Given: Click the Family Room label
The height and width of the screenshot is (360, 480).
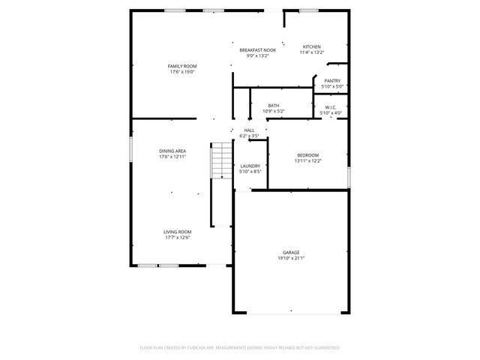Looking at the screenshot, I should pos(182,67).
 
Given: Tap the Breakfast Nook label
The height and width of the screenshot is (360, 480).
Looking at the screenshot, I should pos(258,50).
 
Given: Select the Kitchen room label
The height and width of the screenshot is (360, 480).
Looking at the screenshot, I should pos(312,46).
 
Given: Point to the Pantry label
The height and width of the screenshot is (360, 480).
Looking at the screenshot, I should pos(332,81).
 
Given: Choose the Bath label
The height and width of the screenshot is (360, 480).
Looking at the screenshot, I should pos(274,106).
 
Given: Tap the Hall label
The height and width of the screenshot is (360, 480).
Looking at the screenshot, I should pos(250,130).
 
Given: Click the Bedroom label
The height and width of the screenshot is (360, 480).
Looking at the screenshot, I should pos(307,155).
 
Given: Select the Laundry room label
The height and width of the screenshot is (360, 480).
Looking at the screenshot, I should pos(250,166).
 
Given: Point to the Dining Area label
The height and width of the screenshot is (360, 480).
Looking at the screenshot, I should pos(172,151).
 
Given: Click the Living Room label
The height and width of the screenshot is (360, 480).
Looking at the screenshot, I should pos(178,232).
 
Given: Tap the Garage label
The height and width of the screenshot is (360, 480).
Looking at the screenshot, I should pos(291,253).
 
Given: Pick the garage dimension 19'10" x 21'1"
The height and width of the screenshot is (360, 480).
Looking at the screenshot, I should pos(291,258).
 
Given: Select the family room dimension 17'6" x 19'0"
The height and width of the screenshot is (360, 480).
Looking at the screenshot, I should pos(182,72).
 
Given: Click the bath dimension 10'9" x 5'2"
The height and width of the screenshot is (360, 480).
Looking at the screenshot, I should pos(274,112).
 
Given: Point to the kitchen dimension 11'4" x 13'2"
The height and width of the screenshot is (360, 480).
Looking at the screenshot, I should pos(312,52).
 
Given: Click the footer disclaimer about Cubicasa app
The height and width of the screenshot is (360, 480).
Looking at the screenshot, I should pos(240,348).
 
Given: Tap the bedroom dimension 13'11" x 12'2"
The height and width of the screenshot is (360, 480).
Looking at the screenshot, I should pos(307,160).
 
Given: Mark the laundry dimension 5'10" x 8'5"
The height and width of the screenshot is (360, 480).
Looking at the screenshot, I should pos(250,172).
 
